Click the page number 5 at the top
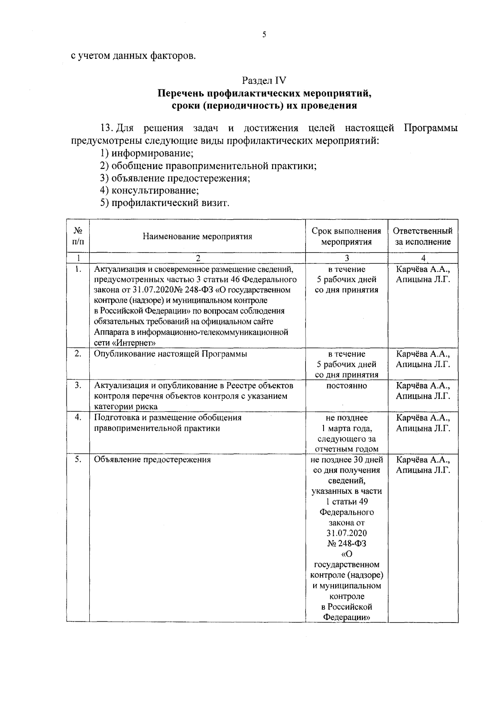(x=264, y=35)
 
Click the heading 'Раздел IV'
(x=264, y=80)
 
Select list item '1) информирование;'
(x=147, y=153)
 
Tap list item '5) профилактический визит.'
(x=164, y=203)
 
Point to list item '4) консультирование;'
(x=149, y=191)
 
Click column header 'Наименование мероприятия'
(x=197, y=237)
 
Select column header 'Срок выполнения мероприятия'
(x=347, y=236)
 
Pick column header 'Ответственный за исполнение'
(x=423, y=236)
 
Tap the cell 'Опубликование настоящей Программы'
(x=170, y=354)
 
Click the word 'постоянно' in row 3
(x=347, y=386)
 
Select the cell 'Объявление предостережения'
(x=152, y=460)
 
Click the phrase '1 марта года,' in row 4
(x=347, y=428)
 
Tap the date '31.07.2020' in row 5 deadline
(x=347, y=533)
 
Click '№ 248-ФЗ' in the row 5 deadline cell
(x=347, y=544)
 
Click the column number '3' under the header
(x=347, y=258)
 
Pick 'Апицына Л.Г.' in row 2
(x=423, y=365)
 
